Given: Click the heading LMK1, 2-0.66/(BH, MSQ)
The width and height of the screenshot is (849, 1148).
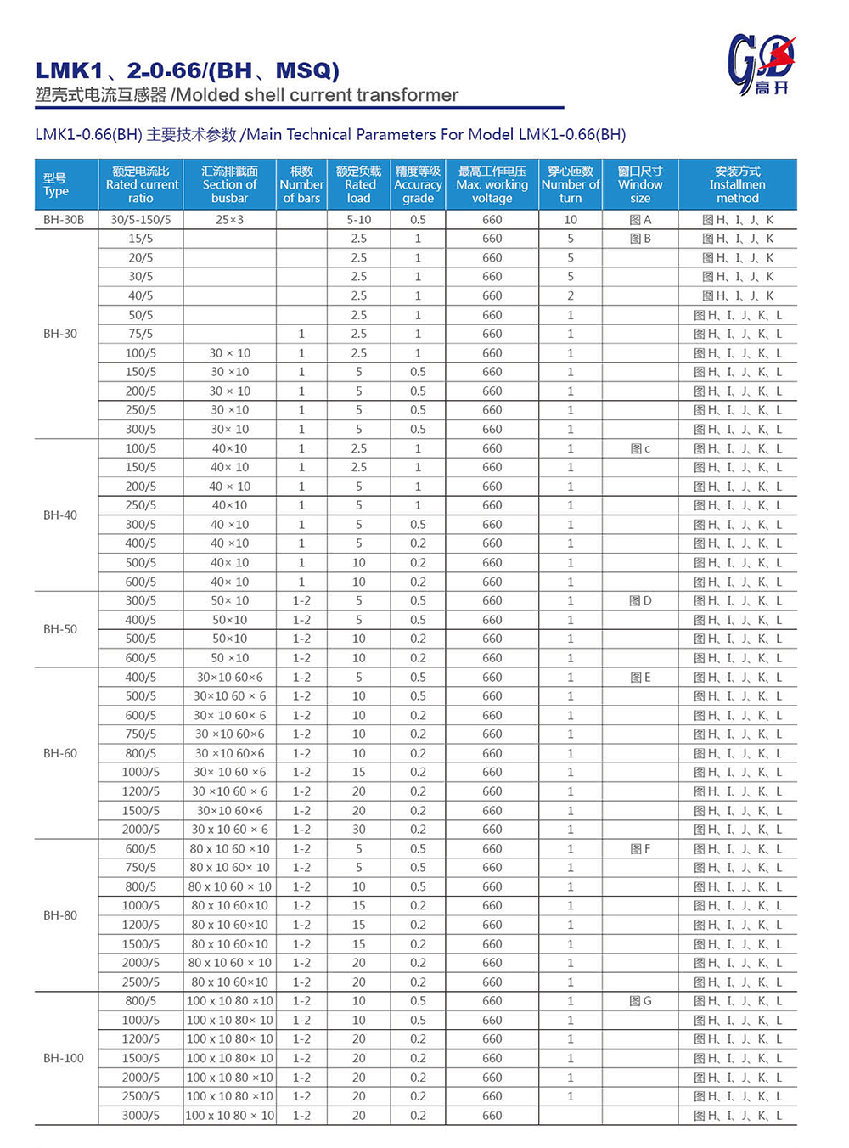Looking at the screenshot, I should (187, 70).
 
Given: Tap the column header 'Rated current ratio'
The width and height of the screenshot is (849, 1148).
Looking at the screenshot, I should (141, 184).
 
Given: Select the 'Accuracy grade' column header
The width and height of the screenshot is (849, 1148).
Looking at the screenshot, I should (418, 184).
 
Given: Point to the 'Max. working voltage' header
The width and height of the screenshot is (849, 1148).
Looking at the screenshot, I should (492, 184).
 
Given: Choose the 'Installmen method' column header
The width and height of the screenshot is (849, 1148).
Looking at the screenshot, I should (737, 184).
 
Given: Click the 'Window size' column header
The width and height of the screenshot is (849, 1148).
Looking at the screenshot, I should (640, 184).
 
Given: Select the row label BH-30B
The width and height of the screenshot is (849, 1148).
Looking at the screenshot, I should (64, 219).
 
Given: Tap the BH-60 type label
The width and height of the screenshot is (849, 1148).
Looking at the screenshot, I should (60, 753).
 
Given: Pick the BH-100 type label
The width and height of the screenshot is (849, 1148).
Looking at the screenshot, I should (64, 1058).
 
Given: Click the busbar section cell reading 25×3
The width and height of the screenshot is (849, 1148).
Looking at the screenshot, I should (229, 219).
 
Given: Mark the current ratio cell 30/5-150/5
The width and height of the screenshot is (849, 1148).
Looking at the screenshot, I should (141, 219).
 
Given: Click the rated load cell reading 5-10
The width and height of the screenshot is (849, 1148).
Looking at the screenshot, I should (359, 219).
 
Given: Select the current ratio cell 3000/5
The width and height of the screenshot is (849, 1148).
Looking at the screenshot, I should (141, 1116).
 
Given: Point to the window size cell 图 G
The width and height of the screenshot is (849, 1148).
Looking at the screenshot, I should (640, 1001).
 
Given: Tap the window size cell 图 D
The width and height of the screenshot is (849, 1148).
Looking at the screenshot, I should (640, 601).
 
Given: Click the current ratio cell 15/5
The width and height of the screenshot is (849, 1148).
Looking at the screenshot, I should (141, 239).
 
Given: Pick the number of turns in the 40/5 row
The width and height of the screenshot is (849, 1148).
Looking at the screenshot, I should (571, 295).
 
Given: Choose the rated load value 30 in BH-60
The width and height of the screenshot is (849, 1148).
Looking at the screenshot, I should (359, 830).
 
